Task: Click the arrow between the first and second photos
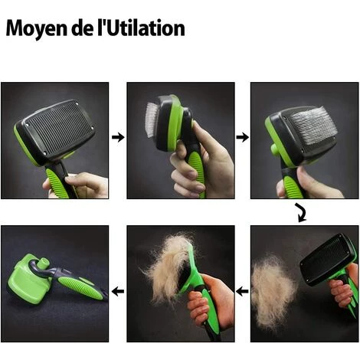(118, 137)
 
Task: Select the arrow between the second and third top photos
(242, 137)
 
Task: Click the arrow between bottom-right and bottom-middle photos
(242, 291)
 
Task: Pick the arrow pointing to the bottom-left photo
(118, 291)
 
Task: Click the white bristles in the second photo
(152, 119)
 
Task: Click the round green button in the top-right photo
(275, 149)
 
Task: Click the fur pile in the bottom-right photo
(273, 291)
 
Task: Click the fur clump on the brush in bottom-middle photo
(170, 266)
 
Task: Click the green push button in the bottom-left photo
(44, 263)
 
